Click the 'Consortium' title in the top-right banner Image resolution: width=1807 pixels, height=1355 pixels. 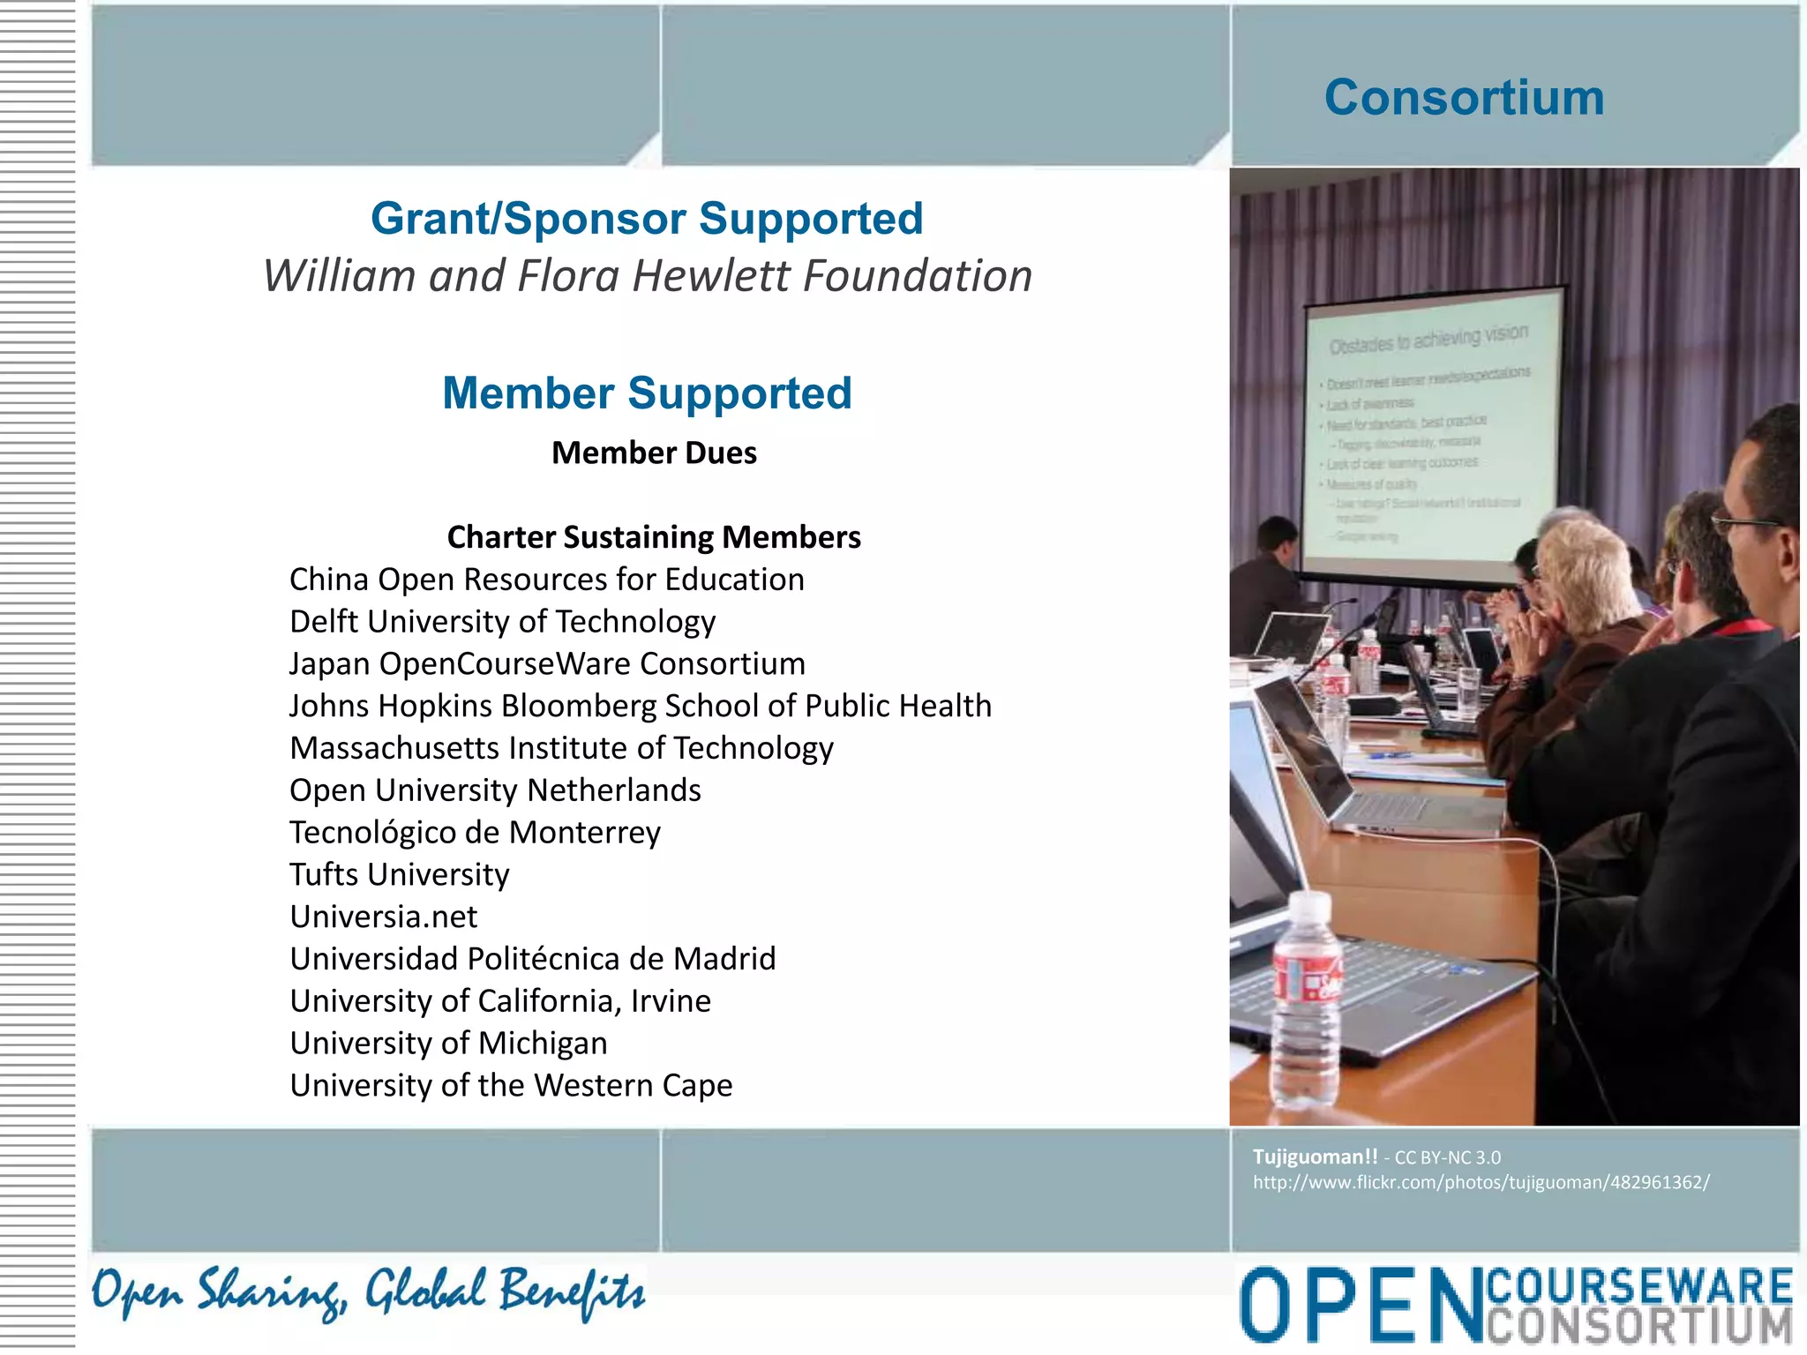tap(1464, 97)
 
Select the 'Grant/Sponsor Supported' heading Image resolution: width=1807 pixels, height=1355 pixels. tap(647, 218)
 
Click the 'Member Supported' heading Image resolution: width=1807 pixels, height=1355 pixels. tap(647, 393)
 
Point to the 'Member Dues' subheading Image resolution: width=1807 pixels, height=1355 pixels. tap(654, 453)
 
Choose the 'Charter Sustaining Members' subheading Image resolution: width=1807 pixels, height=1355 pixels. tap(654, 536)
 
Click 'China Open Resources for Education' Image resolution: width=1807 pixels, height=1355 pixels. tap(547, 580)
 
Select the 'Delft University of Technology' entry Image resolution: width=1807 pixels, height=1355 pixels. tap(502, 622)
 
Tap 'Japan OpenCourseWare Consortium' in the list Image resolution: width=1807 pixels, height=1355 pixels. tap(547, 663)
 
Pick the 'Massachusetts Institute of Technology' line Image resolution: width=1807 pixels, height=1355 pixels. tap(561, 748)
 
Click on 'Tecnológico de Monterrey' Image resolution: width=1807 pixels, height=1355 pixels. tap(475, 833)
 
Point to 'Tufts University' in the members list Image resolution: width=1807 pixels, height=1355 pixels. tap(400, 874)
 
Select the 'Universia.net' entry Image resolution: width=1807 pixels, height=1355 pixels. tap(383, 917)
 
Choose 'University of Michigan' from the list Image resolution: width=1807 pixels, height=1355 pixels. tap(448, 1043)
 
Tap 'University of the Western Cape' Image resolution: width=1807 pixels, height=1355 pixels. tap(511, 1085)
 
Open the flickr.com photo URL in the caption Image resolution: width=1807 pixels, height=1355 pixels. tap(1481, 1183)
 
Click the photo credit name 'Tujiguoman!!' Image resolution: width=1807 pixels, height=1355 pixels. tap(1315, 1157)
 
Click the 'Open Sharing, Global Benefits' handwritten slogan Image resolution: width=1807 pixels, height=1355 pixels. tap(369, 1292)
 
